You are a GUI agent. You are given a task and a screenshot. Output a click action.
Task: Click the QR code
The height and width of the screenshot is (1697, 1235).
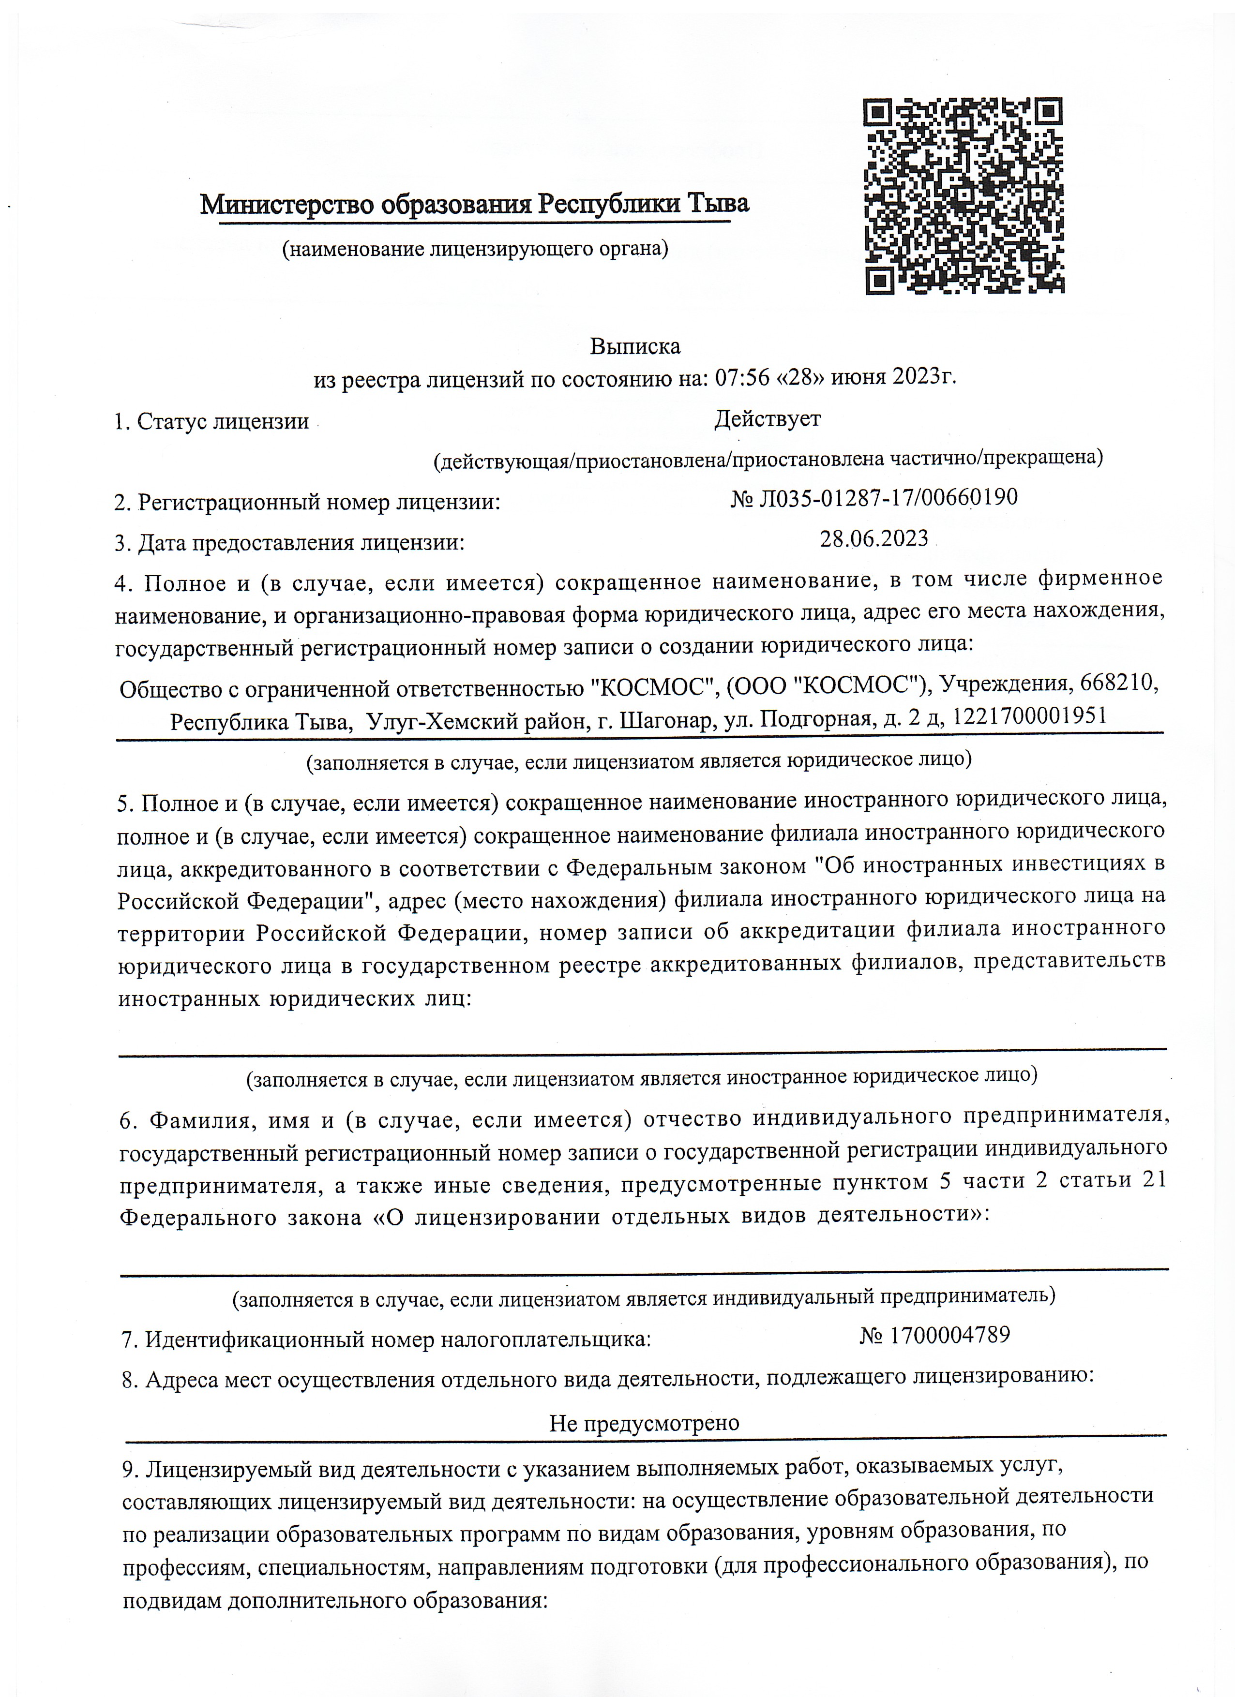coord(964,196)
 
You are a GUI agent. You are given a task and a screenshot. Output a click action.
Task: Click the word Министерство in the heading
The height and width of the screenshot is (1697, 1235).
coord(288,204)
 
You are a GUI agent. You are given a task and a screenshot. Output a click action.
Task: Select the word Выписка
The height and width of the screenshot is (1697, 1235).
coord(635,346)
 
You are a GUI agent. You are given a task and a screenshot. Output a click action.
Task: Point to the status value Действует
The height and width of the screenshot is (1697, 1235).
coord(767,419)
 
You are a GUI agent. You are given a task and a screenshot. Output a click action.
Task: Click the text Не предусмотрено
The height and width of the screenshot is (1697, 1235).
coord(644,1422)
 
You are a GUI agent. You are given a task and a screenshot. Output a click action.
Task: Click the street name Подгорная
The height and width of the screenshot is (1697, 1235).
coord(818,718)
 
